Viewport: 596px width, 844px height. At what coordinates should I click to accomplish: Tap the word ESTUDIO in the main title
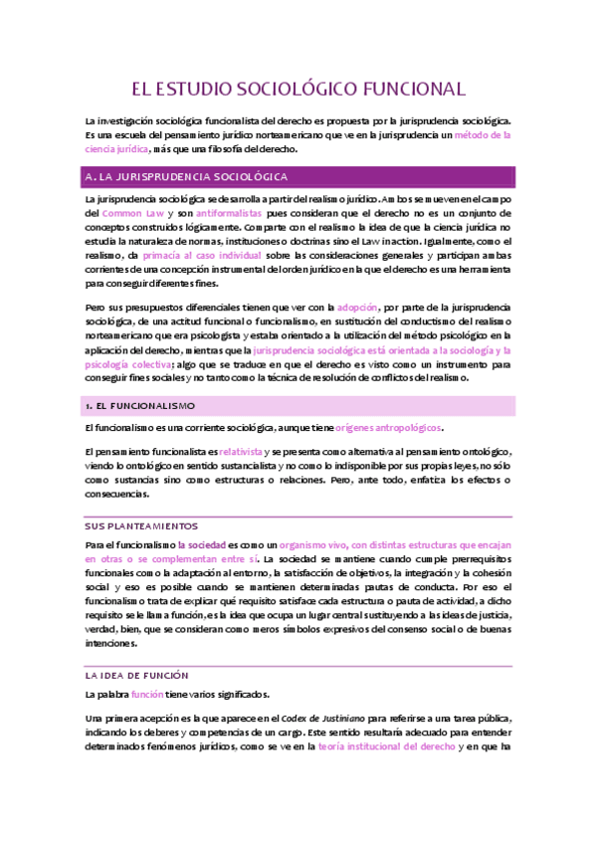pos(202,89)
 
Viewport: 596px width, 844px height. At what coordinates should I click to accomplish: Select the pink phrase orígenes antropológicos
pos(388,427)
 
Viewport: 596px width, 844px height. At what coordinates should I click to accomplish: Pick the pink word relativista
pos(241,451)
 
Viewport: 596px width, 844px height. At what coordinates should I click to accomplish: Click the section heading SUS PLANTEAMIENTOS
pos(141,525)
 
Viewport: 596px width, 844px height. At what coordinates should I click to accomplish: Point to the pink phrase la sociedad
pos(201,545)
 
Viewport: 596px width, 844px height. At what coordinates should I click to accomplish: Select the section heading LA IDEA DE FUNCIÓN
pos(136,674)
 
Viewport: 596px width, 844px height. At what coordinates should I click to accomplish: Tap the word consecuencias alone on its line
pos(116,493)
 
